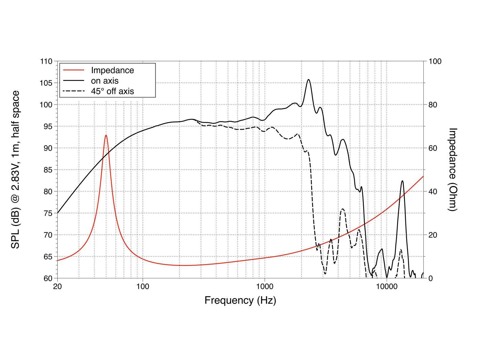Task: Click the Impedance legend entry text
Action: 112,70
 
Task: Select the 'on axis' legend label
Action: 105,81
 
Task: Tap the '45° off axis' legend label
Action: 112,91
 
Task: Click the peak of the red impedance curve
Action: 106,135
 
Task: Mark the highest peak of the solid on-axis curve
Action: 308,80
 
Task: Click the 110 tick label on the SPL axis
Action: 46,61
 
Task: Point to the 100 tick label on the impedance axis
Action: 435,61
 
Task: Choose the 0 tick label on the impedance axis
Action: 431,278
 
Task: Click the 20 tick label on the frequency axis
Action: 57,286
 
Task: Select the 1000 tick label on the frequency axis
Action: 265,286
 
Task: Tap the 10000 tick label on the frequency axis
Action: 387,286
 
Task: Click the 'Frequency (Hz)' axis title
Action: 240,300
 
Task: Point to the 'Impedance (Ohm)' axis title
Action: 452,169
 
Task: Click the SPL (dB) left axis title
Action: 16,169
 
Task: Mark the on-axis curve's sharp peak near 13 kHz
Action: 402,181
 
